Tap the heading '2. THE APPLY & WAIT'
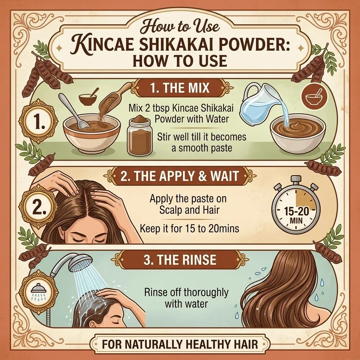point(180,176)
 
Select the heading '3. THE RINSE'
point(180,260)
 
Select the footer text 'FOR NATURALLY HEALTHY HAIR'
point(180,345)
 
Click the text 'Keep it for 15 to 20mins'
point(189,229)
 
